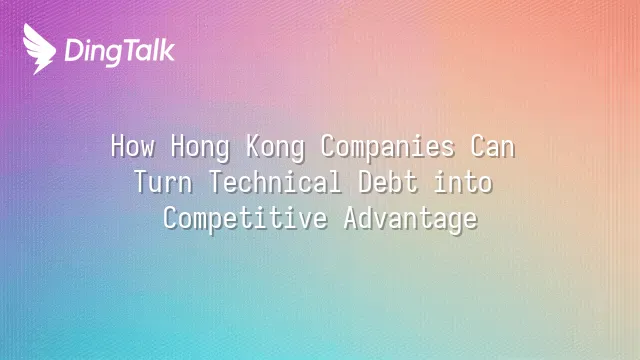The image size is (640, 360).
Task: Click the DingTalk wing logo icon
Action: pos(39,49)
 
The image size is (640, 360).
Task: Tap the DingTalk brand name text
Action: pos(120,52)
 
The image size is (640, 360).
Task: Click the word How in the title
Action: pos(133,146)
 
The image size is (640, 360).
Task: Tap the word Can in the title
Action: pos(493,146)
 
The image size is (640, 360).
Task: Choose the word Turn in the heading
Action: pos(163,182)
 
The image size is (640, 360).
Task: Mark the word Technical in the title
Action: pos(275,182)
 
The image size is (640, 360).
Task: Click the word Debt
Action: pos(388,182)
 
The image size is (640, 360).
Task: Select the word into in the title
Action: pos(463,182)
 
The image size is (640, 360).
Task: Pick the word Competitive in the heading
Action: pos(245,220)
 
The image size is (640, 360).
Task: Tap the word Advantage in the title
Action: pos(411,220)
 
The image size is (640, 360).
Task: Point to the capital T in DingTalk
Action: pos(132,51)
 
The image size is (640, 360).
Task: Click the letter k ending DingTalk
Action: pos(167,50)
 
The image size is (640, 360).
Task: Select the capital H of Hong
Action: pos(178,146)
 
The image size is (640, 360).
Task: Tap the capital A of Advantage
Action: pos(352,218)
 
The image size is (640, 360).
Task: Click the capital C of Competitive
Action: pos(171,218)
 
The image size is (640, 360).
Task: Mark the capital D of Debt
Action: pos(367,182)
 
